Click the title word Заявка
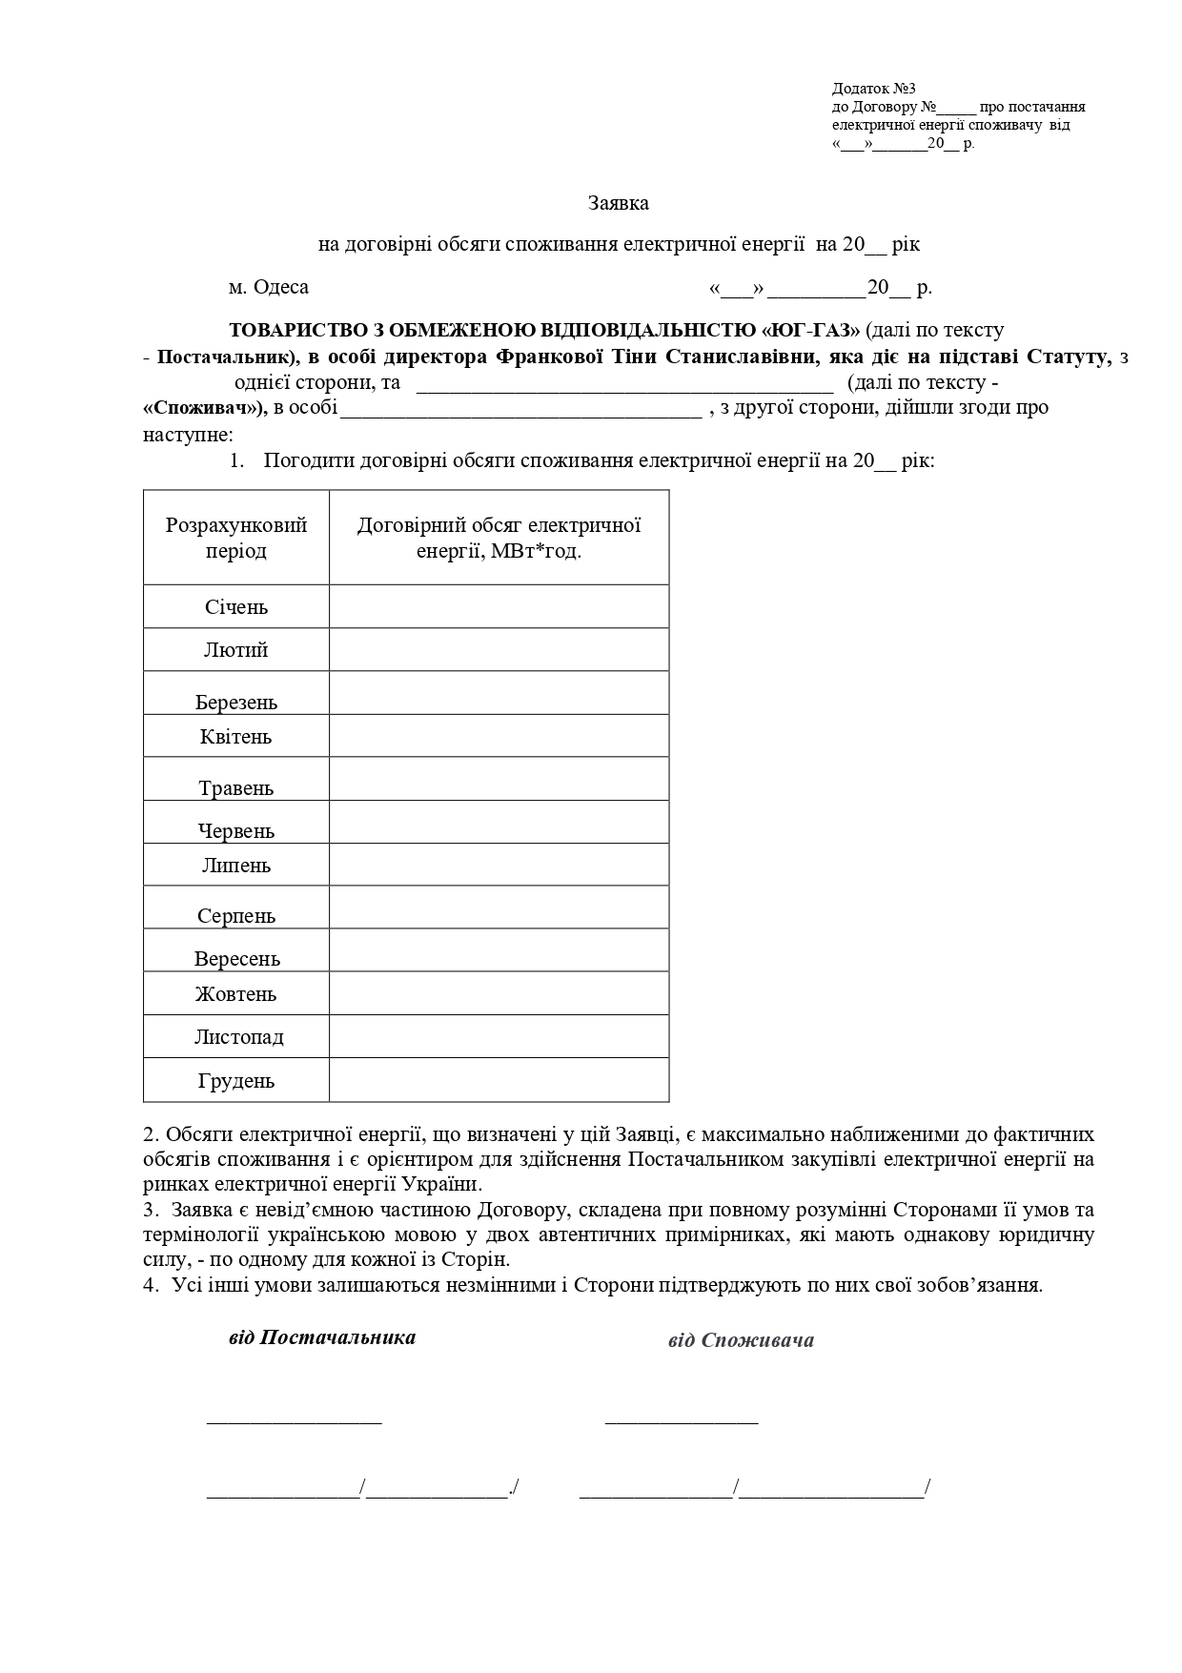[619, 203]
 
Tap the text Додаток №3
[873, 88]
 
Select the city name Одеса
[281, 287]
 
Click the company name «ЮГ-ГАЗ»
[811, 330]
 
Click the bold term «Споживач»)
[204, 408]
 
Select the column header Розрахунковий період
[236, 538]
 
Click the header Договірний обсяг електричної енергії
[499, 538]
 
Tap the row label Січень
[236, 607]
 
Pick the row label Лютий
[236, 650]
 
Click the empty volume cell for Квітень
[499, 736]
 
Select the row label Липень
[236, 866]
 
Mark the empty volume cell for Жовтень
[499, 993]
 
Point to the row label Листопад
[238, 1037]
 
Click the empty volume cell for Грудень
[499, 1080]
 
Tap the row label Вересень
[237, 958]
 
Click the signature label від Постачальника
[322, 1337]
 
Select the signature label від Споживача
[741, 1340]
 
